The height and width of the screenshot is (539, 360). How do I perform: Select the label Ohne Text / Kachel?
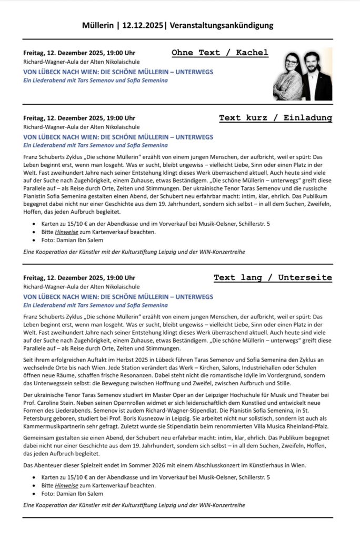(219, 53)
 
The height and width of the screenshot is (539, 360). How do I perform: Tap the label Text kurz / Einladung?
(275, 118)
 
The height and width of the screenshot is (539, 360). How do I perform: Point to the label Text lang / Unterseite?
(273, 277)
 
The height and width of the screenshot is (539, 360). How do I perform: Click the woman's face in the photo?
(293, 67)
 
